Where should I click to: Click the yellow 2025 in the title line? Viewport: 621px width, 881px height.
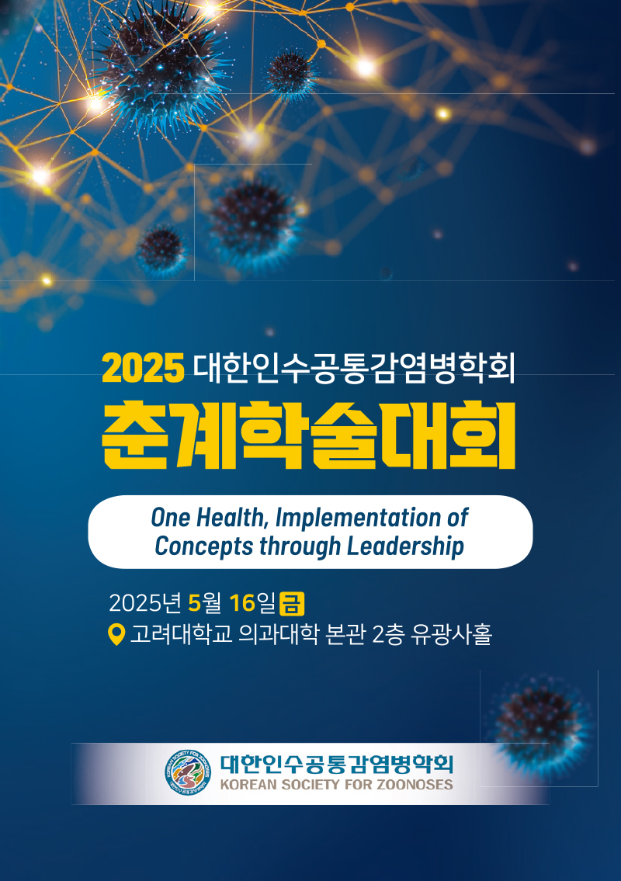[144, 368]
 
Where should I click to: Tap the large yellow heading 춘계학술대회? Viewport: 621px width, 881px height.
[308, 435]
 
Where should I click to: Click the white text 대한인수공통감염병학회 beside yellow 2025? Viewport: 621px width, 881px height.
[354, 368]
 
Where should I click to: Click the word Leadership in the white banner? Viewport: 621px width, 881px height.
[405, 546]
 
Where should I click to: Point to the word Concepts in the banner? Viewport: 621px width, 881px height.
[204, 546]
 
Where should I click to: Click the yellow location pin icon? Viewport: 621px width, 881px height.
[116, 634]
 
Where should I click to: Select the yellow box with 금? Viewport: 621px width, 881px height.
[292, 603]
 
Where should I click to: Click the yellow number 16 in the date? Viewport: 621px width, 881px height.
[242, 603]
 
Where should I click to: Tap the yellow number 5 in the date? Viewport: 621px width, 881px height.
[194, 603]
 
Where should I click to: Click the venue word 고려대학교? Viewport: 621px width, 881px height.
[181, 634]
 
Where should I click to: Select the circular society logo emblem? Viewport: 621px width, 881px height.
[189, 772]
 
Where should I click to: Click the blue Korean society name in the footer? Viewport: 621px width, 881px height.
[336, 764]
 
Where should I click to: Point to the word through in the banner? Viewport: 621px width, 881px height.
[300, 546]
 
